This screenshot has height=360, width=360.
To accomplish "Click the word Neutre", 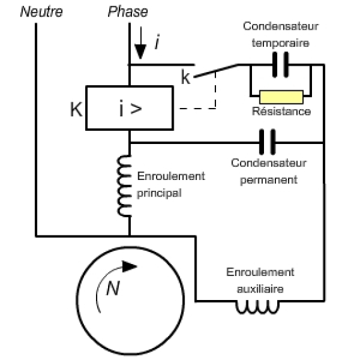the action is pos(41,12).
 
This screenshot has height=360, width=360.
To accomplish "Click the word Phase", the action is pos(128,12).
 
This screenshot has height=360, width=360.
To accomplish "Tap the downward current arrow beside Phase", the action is pos(140,43).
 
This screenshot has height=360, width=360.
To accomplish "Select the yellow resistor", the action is pos(281,97).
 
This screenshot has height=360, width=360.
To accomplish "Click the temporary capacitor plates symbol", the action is pos(280,65).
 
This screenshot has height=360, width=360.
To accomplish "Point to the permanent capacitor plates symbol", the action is pos(267,142).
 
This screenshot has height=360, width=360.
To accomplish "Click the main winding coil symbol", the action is pos(124,186).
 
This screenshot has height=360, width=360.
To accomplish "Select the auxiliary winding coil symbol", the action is pos(258,307).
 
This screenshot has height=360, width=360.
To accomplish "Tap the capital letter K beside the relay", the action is pos(76,109).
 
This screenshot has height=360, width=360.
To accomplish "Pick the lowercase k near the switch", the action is pos(186,77).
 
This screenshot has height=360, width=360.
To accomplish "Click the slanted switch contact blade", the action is pos(216,71).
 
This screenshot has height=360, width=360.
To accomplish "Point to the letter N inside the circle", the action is pos(113,289).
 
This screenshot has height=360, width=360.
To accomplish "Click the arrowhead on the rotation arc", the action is pos(129,267).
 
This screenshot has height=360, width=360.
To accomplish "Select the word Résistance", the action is pos(282,111).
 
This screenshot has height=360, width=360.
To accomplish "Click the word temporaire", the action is pos(280,43).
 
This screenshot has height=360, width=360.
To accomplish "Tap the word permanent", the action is pos(268,180).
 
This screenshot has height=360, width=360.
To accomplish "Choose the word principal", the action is pos(159,193).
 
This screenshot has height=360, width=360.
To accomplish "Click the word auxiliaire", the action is pos(260,289).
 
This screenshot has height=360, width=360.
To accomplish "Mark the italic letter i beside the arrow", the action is pos(157,42).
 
